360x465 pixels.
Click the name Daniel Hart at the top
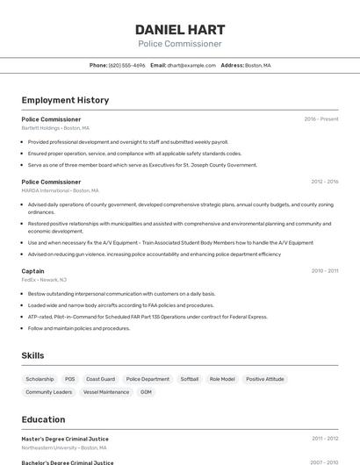(x=180, y=29)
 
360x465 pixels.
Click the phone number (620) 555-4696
(x=126, y=65)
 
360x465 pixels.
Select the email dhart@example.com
(x=191, y=65)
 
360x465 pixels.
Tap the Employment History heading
(x=65, y=100)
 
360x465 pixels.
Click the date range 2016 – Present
(x=320, y=118)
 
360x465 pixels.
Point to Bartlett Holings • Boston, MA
(x=55, y=127)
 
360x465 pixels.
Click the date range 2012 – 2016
(x=324, y=182)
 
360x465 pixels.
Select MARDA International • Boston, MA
(x=60, y=190)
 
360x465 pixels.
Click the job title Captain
(x=32, y=271)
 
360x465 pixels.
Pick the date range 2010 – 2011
(x=324, y=271)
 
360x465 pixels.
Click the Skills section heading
(x=33, y=355)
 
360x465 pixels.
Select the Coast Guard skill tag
(x=100, y=379)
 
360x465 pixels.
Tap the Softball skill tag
(x=189, y=379)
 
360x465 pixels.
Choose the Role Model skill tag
(x=221, y=379)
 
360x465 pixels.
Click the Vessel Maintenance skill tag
(x=105, y=392)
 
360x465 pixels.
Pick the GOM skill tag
(x=146, y=392)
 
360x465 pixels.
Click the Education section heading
(x=43, y=420)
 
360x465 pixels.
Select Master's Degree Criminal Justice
(x=65, y=439)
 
